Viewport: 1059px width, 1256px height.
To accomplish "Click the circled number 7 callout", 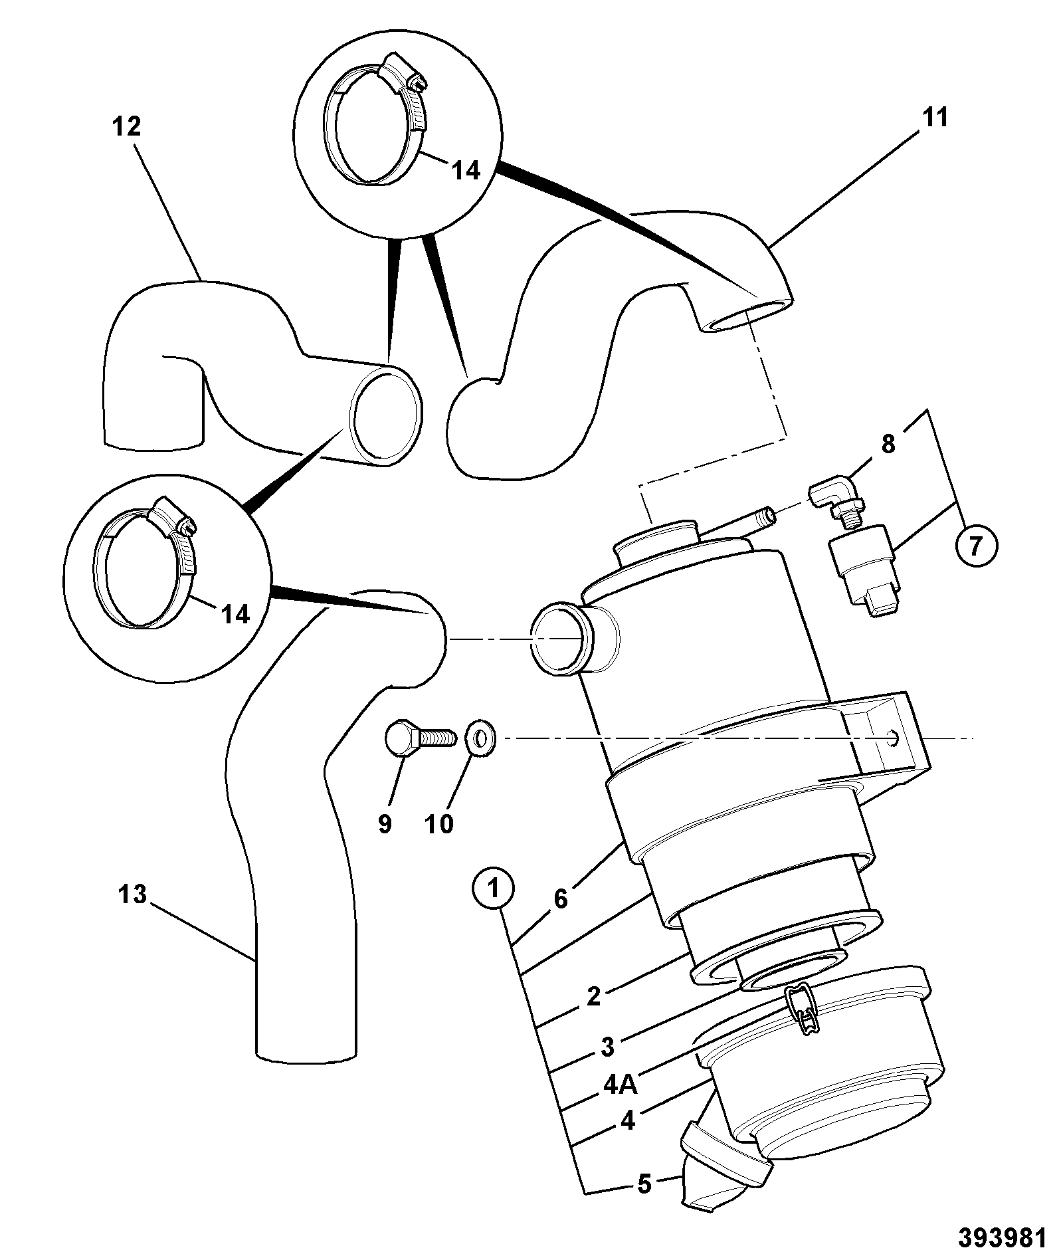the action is click(x=976, y=546).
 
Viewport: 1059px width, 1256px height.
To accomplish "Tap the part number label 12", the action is click(x=126, y=126).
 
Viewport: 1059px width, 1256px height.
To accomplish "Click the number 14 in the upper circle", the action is click(x=465, y=171).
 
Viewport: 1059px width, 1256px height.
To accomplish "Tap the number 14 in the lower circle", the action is click(x=235, y=614).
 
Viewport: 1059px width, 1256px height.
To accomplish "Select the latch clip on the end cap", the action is click(x=803, y=1010).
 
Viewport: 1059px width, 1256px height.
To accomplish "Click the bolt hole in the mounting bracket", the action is click(x=894, y=737).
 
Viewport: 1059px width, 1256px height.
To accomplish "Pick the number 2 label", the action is click(x=594, y=995).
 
